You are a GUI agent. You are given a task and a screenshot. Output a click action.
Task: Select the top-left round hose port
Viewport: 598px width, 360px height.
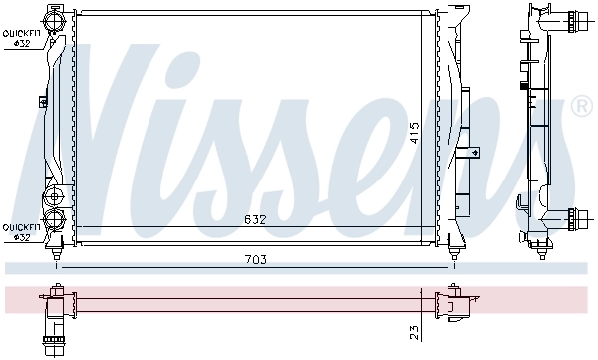point(54,22)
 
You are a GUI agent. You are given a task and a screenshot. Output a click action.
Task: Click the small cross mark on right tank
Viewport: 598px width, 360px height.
point(475,152)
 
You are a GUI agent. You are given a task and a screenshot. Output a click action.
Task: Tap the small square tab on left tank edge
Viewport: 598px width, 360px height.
point(43,99)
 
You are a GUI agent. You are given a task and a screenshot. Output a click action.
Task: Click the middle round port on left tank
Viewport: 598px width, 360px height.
point(54,193)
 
